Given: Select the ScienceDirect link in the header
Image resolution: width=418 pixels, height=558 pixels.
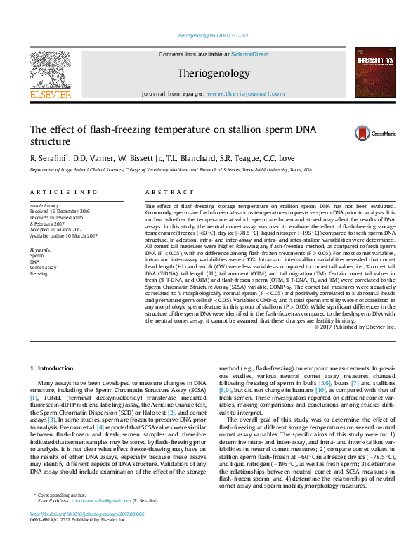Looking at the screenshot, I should (x=251, y=54).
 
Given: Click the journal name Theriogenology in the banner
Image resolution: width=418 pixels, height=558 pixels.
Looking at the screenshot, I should (x=213, y=73).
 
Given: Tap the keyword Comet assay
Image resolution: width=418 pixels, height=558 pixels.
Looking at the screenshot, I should (x=44, y=268).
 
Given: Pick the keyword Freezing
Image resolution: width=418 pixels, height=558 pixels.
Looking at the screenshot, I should (x=39, y=273).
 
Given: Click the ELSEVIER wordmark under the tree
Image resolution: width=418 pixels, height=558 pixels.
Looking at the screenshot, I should (x=50, y=94).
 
